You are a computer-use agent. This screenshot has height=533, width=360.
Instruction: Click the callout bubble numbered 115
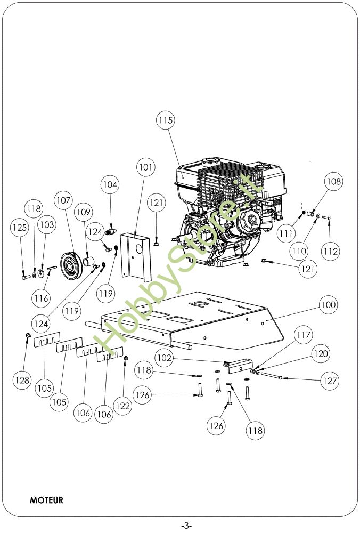(166, 121)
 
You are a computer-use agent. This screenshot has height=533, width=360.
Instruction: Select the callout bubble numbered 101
(145, 167)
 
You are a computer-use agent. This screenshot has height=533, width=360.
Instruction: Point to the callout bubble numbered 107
(63, 201)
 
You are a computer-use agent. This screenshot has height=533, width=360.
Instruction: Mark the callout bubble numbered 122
(122, 406)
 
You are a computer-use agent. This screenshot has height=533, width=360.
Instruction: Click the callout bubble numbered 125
(20, 228)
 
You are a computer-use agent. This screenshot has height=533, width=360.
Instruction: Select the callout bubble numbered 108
(333, 182)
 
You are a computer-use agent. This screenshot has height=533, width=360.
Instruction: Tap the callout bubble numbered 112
(331, 251)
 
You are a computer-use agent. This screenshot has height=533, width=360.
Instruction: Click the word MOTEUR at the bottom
(46, 500)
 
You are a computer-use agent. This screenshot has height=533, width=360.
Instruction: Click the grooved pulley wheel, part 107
(69, 264)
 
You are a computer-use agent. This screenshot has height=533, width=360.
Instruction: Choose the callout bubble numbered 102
(165, 358)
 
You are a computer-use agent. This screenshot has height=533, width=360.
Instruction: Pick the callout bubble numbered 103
(47, 225)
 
